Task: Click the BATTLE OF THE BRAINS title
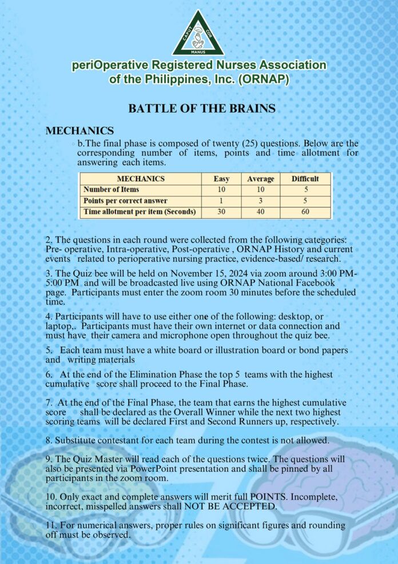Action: (x=202, y=108)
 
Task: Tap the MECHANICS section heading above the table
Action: (x=79, y=131)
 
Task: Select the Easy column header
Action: (x=221, y=179)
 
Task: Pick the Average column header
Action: (x=260, y=179)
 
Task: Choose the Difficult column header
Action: (x=305, y=179)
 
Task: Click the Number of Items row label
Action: (x=112, y=190)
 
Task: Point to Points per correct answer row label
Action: (x=125, y=200)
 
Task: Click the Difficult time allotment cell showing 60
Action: (x=305, y=212)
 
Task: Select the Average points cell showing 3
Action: (x=260, y=200)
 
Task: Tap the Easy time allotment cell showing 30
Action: (x=221, y=212)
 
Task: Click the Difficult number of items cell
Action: (x=305, y=190)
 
